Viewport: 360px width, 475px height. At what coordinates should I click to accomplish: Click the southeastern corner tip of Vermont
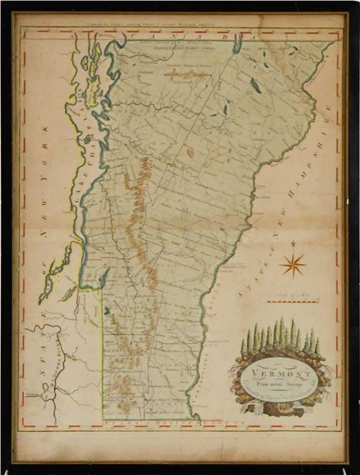[197, 417]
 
